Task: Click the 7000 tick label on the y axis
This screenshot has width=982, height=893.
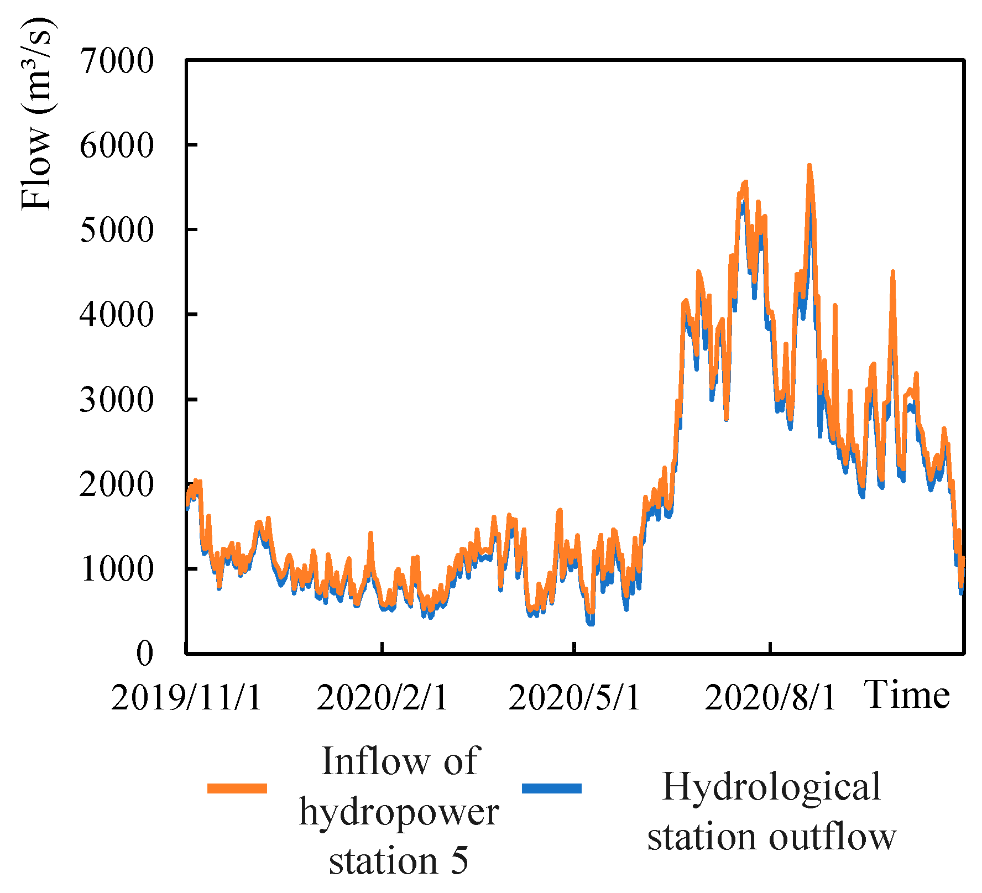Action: (117, 61)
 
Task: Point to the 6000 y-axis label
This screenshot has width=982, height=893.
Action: (117, 146)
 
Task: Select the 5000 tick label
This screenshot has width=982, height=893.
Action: (117, 231)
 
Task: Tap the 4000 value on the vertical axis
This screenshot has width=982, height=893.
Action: (117, 315)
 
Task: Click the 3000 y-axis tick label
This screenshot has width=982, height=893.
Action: (117, 400)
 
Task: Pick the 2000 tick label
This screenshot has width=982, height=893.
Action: (117, 485)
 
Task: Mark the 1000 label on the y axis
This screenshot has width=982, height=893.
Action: (117, 569)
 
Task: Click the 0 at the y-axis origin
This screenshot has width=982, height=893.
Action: (144, 654)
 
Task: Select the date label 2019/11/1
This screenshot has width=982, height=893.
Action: (186, 698)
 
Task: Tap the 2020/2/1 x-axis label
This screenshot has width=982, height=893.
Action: (382, 698)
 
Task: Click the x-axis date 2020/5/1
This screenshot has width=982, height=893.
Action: (574, 698)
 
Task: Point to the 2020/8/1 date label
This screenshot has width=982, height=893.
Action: (770, 698)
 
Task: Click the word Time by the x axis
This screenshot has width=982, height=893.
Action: (907, 695)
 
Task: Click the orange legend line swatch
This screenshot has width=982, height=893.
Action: (237, 788)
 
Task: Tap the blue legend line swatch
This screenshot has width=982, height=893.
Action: (552, 788)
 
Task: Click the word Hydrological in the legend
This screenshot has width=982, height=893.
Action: (771, 787)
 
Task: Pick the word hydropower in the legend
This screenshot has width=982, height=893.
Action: (399, 813)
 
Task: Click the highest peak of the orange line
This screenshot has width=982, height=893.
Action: (809, 166)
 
